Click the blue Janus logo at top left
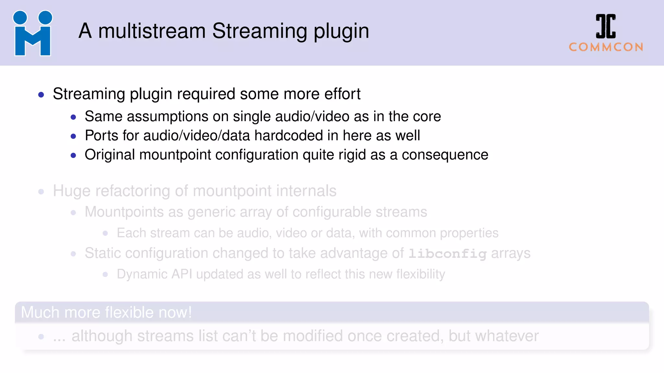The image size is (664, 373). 32,33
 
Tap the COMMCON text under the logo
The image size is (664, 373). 606,47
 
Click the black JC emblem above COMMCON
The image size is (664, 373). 606,26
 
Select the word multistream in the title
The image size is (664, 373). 152,31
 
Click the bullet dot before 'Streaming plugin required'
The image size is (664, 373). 41,95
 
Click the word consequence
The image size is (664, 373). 445,155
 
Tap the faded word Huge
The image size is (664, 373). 71,191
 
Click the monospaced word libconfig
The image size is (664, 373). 447,254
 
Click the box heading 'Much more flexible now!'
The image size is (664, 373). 106,312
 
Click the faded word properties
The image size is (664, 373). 469,233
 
